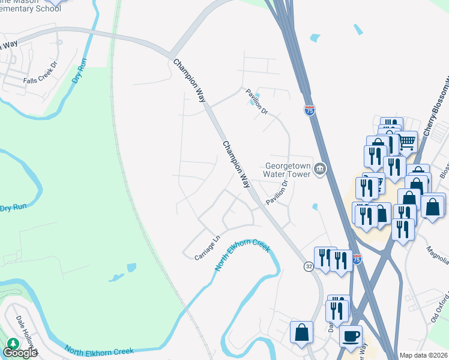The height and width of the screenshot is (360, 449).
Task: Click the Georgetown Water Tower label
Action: coord(288,170)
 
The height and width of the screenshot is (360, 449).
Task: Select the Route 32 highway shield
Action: coord(308,266)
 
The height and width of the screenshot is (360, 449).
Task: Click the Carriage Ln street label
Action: coord(208,248)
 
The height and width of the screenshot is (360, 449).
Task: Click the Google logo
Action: coord(19,353)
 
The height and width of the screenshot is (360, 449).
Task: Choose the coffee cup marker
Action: coord(351,335)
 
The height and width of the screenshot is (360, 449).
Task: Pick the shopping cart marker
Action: coord(407,142)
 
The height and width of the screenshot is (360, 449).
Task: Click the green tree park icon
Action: coord(13,344)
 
